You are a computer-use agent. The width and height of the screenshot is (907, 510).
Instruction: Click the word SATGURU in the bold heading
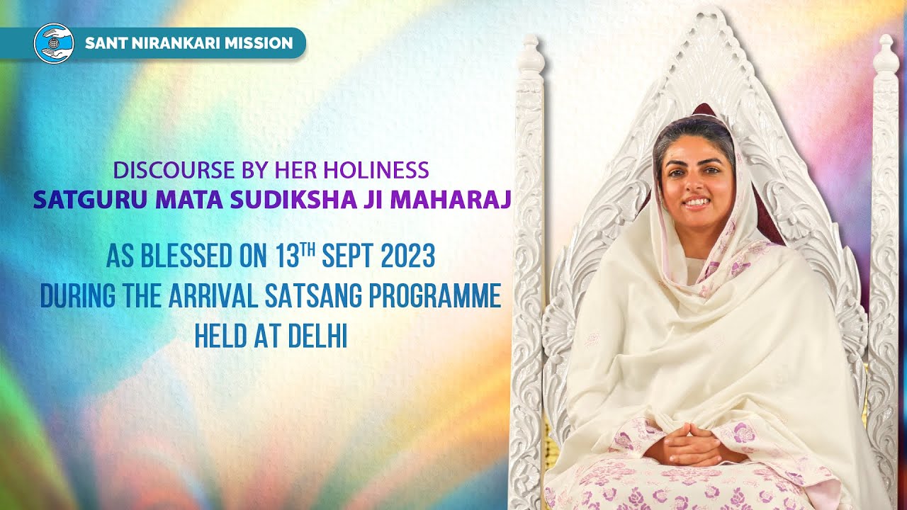click(x=73, y=200)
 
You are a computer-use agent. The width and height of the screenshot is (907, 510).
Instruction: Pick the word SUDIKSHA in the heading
click(x=278, y=200)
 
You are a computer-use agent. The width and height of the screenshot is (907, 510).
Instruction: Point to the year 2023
click(x=409, y=256)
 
